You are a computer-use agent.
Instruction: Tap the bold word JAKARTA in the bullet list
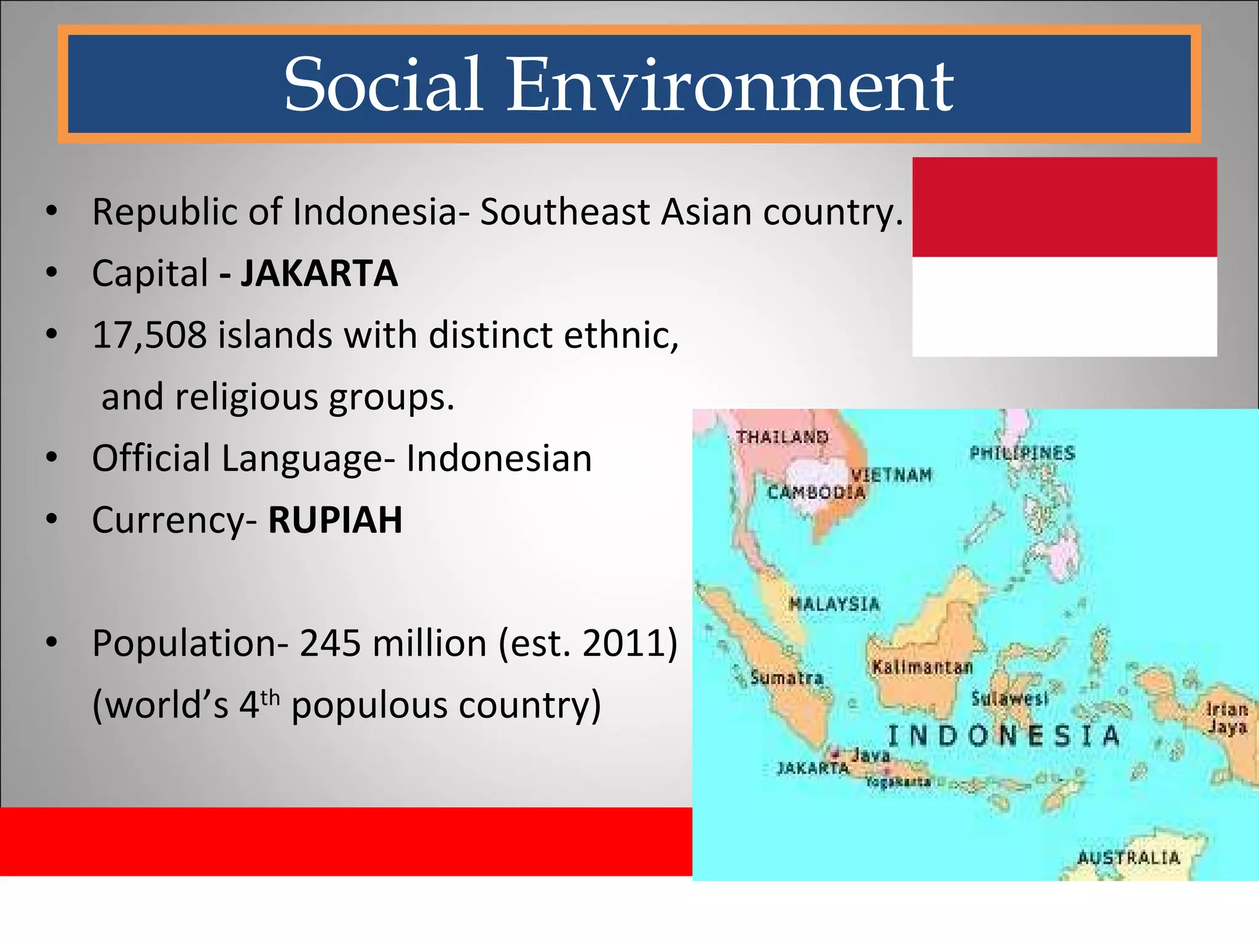pos(319,273)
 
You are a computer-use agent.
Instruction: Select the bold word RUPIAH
pos(335,520)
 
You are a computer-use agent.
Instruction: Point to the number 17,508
pos(149,336)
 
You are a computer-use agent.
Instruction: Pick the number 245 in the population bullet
pos(330,643)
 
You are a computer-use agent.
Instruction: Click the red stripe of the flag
pos(1064,207)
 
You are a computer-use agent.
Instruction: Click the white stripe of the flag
pos(1064,306)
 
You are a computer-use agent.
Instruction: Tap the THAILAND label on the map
pos(783,438)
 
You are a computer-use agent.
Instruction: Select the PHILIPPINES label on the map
pos(1022,454)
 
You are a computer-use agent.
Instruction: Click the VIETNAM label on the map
pos(891,475)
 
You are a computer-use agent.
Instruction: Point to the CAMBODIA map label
pos(816,492)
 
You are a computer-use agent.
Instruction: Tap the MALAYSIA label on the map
pos(834,604)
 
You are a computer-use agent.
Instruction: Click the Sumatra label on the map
pos(787,678)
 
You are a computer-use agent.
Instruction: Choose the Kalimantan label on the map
pos(922,667)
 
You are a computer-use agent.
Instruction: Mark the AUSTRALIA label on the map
pos(1129,858)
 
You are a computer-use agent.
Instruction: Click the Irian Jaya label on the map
pos(1226,718)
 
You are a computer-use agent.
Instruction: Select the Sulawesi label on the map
pos(1009,699)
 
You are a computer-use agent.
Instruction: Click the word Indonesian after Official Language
pos(499,458)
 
